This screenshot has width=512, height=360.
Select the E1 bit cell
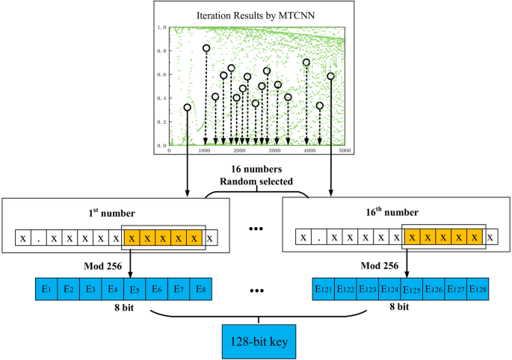[x=46, y=288]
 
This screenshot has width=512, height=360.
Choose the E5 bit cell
[x=134, y=288]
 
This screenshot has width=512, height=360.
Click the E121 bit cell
[x=324, y=288]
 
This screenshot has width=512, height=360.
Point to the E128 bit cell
[x=479, y=288]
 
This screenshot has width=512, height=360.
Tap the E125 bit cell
[x=413, y=288]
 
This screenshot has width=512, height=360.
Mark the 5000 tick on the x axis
[x=345, y=151]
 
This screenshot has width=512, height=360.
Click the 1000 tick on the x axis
[x=205, y=151]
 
